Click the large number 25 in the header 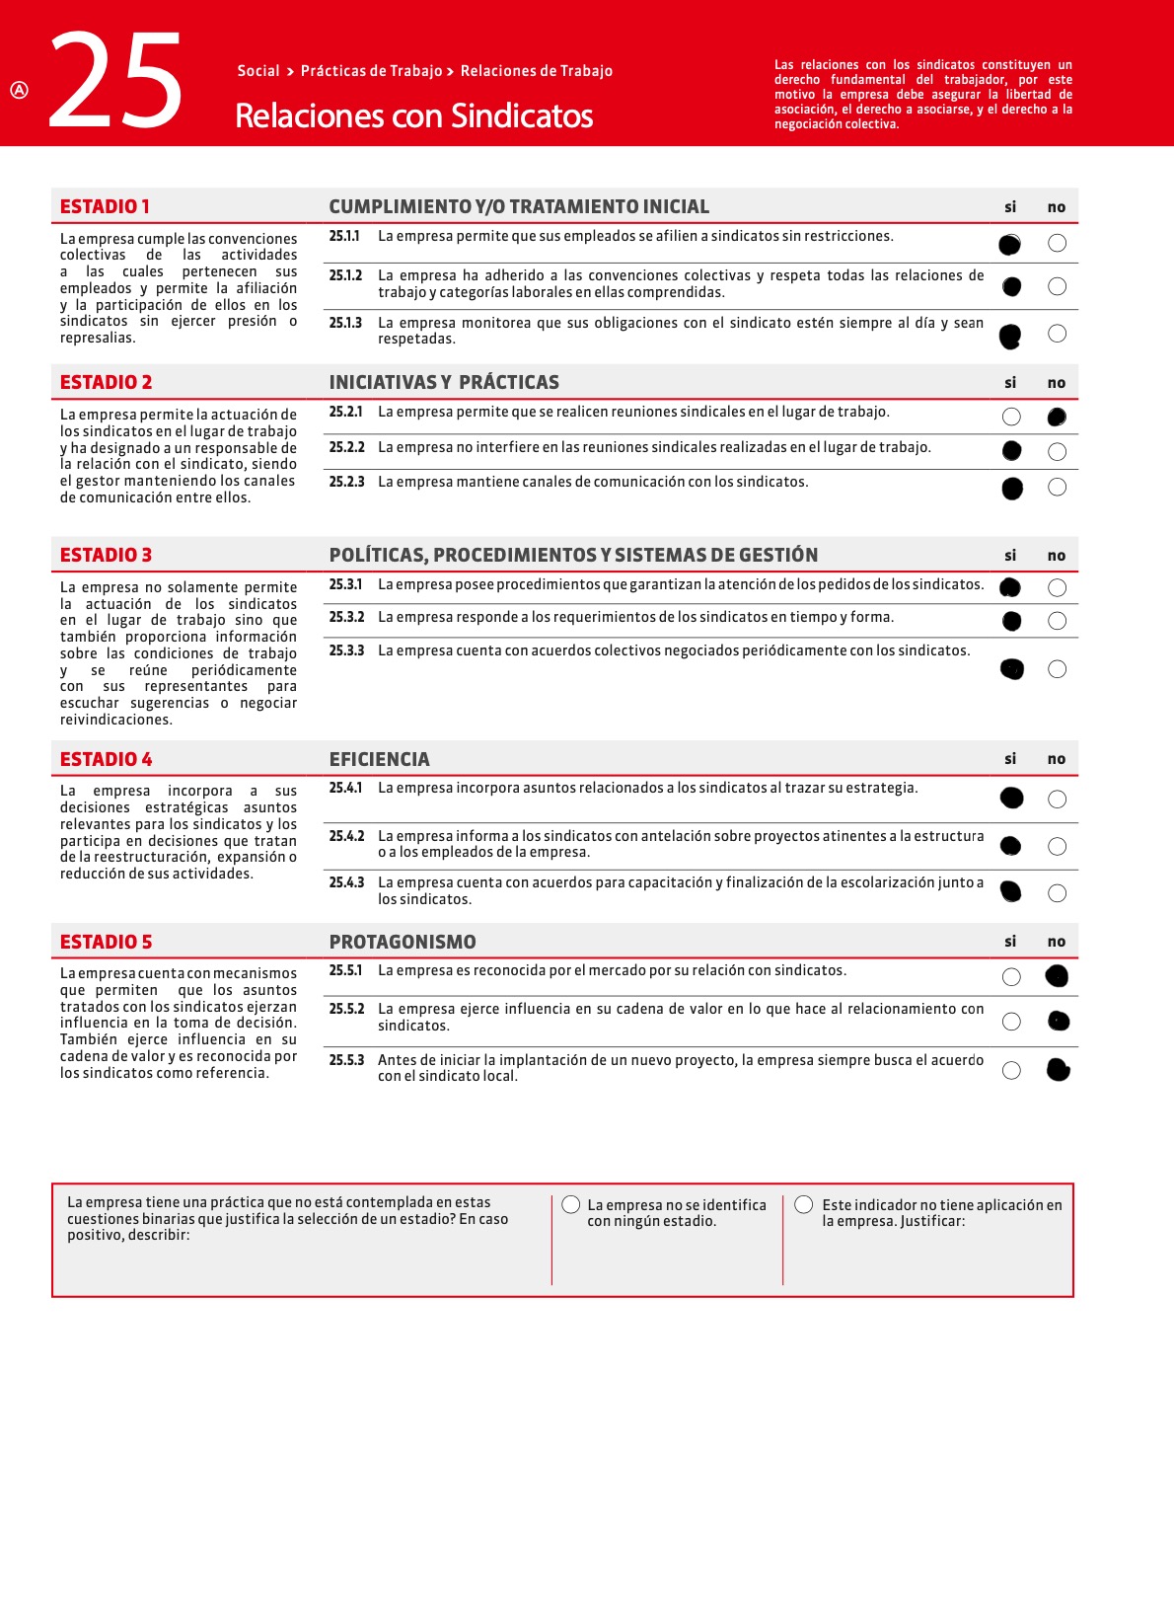click(115, 82)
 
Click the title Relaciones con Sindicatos click(413, 116)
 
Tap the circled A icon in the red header click(20, 90)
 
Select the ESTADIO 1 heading click(105, 206)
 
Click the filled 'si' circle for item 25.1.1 click(1009, 245)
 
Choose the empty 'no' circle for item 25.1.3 click(1057, 334)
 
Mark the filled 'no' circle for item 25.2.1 click(1057, 418)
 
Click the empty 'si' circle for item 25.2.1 click(1011, 417)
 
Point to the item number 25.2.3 click(346, 482)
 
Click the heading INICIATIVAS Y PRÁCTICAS click(444, 382)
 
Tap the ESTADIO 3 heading click(106, 555)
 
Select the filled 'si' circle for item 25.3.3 click(1012, 669)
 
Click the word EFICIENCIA click(379, 759)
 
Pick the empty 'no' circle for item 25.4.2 click(1057, 846)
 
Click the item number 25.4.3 click(346, 882)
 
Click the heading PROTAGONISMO click(403, 942)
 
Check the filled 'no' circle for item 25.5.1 click(1057, 976)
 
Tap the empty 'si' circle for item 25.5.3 click(1011, 1070)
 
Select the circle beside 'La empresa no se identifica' click(571, 1204)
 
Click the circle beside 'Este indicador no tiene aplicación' click(804, 1204)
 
